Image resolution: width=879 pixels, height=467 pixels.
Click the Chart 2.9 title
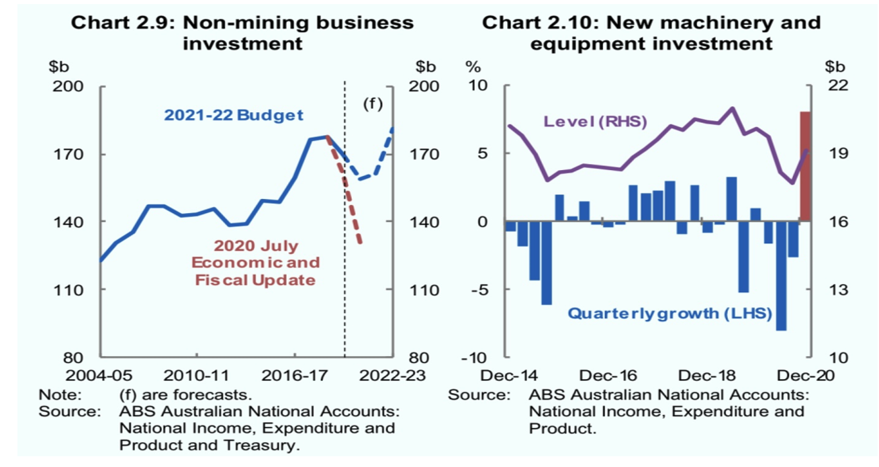[242, 32]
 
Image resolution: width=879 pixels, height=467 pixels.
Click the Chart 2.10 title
[651, 32]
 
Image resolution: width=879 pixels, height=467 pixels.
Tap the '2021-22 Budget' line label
[234, 115]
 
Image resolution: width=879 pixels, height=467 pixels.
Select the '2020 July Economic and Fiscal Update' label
[256, 263]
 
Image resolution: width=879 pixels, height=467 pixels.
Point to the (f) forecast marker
[372, 104]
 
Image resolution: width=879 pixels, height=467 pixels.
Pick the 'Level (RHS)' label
[595, 122]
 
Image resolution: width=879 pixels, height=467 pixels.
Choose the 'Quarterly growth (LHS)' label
[669, 313]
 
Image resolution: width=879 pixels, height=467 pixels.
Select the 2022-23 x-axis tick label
[392, 375]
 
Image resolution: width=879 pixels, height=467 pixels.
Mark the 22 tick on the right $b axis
[837, 86]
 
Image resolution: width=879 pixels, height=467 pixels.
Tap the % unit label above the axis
[474, 67]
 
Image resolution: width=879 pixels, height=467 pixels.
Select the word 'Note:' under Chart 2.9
[60, 394]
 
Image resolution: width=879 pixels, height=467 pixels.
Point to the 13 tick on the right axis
[837, 290]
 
